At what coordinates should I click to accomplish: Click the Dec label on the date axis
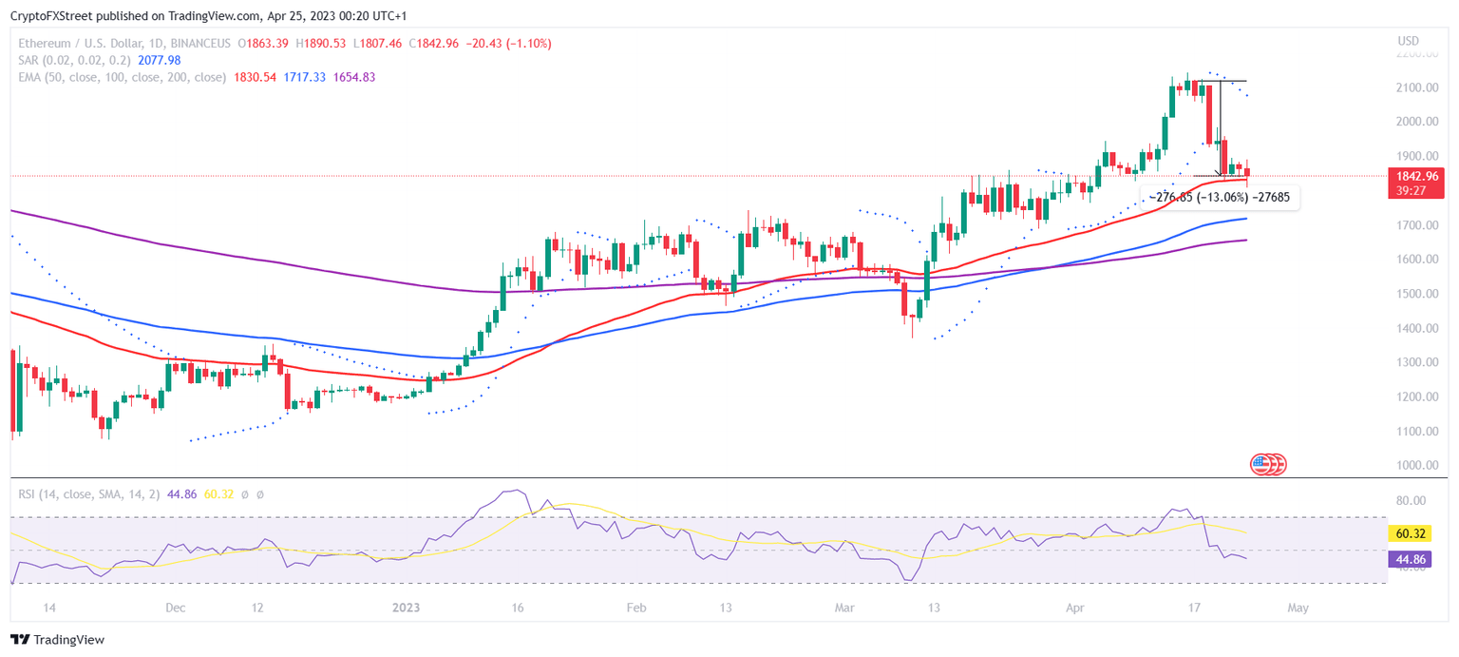tap(175, 607)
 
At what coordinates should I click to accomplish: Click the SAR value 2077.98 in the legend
tap(160, 60)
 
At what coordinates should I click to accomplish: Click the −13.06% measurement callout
tap(1219, 197)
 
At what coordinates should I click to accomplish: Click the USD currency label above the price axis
tap(1408, 41)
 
